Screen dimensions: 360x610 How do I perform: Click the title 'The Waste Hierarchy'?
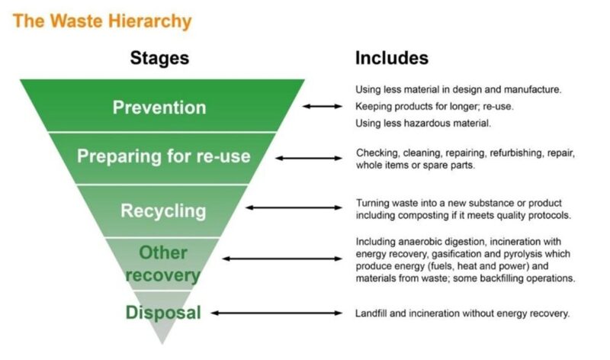click(101, 21)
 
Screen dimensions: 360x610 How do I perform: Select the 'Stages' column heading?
click(159, 58)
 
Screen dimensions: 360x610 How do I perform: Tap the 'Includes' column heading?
click(391, 58)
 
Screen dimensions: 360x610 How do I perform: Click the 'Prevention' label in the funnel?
click(159, 107)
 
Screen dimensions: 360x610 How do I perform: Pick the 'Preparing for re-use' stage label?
click(163, 157)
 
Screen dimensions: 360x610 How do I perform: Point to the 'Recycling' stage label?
click(163, 211)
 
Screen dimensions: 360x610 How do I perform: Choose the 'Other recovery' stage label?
click(163, 263)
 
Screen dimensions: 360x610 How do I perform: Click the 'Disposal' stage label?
click(163, 312)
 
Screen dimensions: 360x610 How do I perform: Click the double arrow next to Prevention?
click(323, 107)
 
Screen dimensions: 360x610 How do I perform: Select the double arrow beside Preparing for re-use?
click(309, 158)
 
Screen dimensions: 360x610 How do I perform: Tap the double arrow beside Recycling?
click(294, 207)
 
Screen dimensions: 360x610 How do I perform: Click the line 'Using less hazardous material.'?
click(423, 123)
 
